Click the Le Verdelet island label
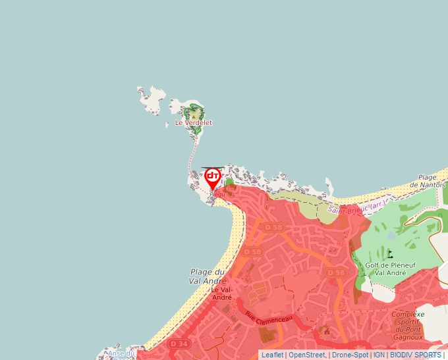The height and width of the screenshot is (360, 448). (x=193, y=123)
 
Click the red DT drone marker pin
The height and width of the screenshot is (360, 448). (x=213, y=177)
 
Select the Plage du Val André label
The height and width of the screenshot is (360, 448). (x=208, y=276)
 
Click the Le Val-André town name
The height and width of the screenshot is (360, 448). (x=221, y=293)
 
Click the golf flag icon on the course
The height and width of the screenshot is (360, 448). (x=390, y=253)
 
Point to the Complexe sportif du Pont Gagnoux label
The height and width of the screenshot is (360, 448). (x=407, y=325)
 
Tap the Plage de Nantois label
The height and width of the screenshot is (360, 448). (x=428, y=182)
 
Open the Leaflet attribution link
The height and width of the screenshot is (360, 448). (x=272, y=355)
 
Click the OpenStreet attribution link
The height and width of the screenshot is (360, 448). (x=306, y=355)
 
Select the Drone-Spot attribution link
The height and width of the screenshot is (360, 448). (x=350, y=355)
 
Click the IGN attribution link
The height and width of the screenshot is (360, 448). (x=379, y=355)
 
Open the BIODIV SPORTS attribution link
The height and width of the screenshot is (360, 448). (x=415, y=355)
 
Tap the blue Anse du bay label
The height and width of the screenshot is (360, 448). (x=121, y=354)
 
